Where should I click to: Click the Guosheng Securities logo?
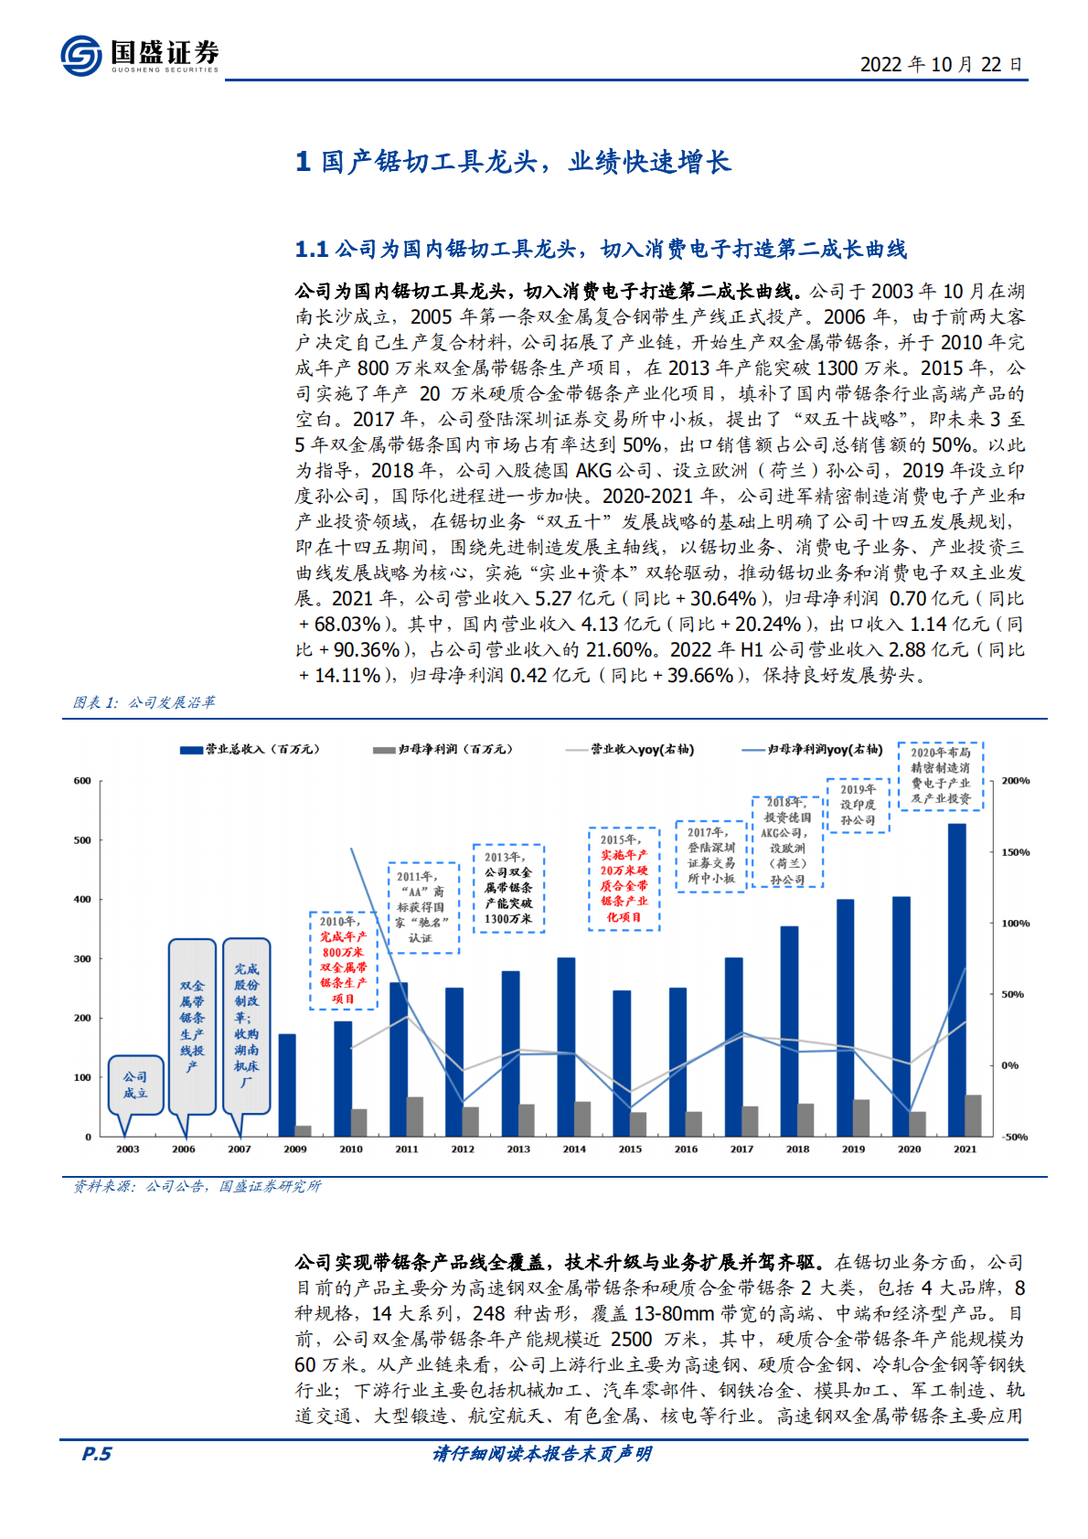[x=139, y=56]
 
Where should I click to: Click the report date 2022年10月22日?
[x=941, y=64]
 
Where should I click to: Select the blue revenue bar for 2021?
[x=956, y=979]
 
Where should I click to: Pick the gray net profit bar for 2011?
[x=415, y=1116]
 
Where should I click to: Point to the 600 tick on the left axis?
[x=82, y=781]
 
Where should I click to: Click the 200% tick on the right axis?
[x=1015, y=781]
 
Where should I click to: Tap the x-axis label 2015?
[x=630, y=1149]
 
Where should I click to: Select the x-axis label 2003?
[x=128, y=1149]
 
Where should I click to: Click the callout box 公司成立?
[x=135, y=1085]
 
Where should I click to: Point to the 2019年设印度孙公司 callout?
[x=858, y=805]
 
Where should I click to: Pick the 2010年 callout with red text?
[x=344, y=960]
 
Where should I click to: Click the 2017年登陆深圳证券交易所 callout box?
[x=710, y=855]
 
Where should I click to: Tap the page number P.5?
[x=96, y=1454]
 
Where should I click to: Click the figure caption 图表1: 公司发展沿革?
[x=144, y=702]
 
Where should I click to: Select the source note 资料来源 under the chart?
[x=197, y=1186]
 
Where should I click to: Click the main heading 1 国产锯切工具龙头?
[x=512, y=162]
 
